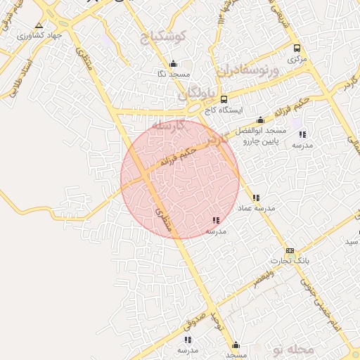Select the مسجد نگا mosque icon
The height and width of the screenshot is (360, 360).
(163, 63)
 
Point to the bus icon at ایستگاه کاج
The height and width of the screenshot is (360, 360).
(224, 99)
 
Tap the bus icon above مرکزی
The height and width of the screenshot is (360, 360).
(297, 49)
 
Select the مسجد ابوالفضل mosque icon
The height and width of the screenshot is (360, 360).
(262, 120)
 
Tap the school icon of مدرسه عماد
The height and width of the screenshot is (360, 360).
(256, 198)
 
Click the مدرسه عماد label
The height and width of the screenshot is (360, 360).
(257, 209)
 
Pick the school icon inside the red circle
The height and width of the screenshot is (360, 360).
(215, 220)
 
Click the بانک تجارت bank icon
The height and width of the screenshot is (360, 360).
(290, 251)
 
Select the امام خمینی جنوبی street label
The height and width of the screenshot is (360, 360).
(320, 300)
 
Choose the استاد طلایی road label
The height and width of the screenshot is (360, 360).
(16, 78)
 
